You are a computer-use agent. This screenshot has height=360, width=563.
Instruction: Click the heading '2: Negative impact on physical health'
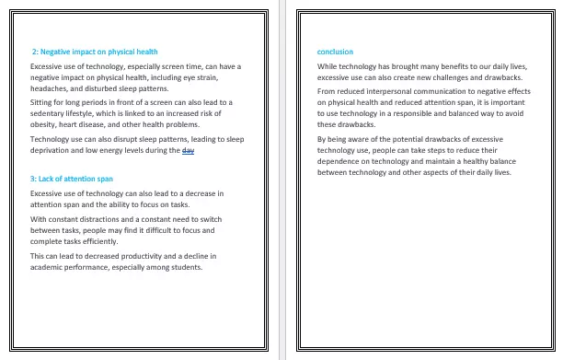coord(95,52)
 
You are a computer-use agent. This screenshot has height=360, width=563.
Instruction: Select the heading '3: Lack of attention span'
coord(72,178)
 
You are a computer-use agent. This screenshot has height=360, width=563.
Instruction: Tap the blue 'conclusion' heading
coord(335,52)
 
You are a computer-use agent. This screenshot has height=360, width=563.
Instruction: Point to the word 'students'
coord(184,267)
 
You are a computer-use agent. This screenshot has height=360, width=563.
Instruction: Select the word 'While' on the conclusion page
coord(327,66)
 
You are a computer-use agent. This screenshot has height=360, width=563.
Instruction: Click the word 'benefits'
coord(447,66)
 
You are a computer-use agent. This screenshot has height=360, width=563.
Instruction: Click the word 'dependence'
coord(339,160)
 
